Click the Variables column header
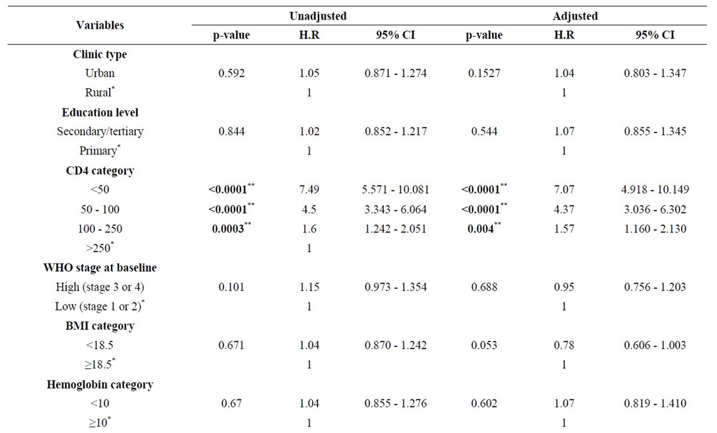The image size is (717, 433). (100, 25)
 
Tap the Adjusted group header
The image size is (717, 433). (576, 16)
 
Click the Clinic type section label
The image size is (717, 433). (100, 54)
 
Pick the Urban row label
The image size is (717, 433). (100, 73)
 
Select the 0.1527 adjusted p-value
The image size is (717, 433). (482, 73)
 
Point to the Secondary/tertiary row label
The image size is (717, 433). (100, 131)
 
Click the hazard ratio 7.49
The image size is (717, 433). (309, 190)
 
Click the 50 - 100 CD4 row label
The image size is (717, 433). (100, 210)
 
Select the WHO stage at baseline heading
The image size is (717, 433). (100, 268)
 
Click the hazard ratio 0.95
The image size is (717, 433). (564, 287)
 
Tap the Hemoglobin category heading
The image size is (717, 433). (100, 384)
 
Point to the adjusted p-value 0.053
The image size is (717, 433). (482, 345)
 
